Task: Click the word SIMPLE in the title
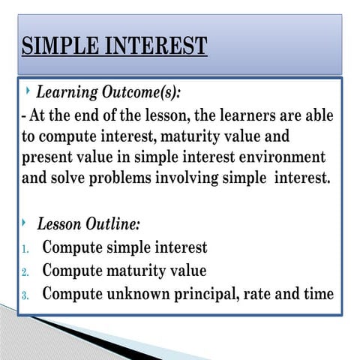point(57,46)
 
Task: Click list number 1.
point(25,249)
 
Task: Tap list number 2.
point(25,271)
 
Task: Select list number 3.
point(25,295)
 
